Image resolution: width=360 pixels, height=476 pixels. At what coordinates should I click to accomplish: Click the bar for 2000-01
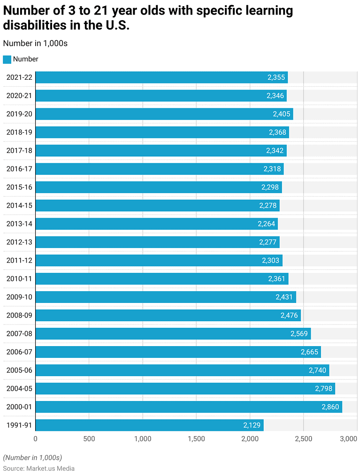pos(188,407)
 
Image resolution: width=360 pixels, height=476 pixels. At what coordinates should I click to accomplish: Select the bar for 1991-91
pos(149,425)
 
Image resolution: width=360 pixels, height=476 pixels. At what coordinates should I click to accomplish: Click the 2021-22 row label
pos(19,77)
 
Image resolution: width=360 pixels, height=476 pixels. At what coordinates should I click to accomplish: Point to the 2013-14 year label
pos(19,224)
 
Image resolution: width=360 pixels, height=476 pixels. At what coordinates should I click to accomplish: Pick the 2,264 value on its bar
pos(266,224)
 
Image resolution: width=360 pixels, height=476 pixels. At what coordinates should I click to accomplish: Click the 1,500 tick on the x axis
pos(196,439)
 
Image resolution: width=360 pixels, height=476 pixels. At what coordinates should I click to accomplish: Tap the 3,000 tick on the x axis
pos(349,439)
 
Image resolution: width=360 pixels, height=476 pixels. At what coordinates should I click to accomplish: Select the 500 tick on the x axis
pos(89,439)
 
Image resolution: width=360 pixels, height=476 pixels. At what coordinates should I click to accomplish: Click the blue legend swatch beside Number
pos(7,60)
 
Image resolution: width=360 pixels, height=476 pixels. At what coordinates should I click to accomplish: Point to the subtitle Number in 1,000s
pos(35,43)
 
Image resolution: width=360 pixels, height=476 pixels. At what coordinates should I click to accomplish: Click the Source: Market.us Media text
pos(38,468)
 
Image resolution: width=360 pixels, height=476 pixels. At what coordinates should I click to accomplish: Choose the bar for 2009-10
pos(166,297)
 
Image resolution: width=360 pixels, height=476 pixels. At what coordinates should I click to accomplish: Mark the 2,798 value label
pos(324,389)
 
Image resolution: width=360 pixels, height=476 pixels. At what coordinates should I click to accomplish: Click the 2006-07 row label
pos(19,352)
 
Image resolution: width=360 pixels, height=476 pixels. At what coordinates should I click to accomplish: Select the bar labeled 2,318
pos(160,169)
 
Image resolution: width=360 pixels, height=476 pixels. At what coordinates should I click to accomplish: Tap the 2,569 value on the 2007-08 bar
pos(299,334)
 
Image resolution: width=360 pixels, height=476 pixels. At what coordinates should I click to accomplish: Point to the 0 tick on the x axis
pos(35,439)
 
